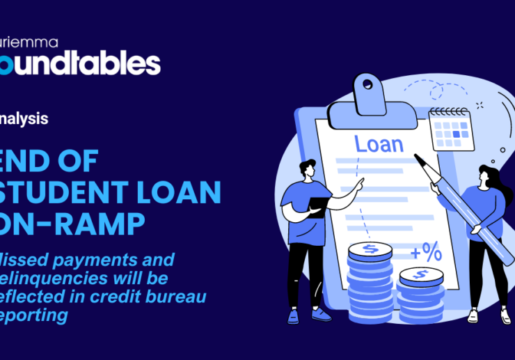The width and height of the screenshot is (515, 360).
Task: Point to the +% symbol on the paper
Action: (425, 252)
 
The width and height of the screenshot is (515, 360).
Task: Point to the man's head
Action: (306, 169)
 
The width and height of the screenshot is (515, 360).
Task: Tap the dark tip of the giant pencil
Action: (419, 158)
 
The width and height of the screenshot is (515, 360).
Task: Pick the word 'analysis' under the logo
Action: (24, 118)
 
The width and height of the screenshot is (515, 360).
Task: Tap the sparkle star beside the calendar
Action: (479, 105)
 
